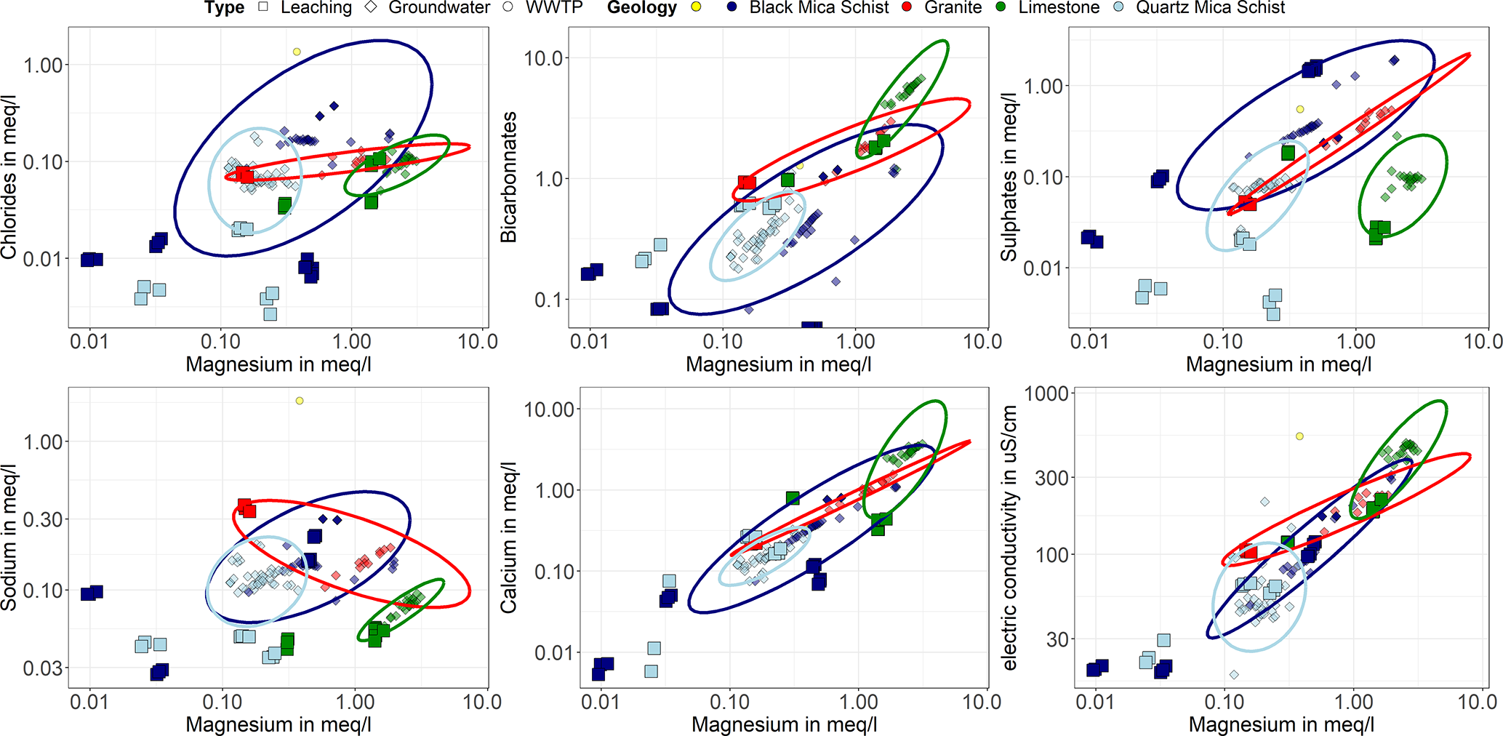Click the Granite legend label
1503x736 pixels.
point(953,8)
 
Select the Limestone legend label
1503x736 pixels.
point(1059,8)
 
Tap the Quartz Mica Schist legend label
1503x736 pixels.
point(1210,8)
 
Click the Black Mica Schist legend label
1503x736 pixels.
point(819,8)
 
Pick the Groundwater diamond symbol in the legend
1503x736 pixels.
point(372,8)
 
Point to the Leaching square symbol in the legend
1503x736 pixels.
point(263,8)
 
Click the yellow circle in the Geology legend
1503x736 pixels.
point(696,8)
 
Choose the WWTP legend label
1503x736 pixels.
point(554,8)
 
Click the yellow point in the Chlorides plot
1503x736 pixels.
point(297,52)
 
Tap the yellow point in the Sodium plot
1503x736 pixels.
point(300,401)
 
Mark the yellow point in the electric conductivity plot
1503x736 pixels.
point(1299,436)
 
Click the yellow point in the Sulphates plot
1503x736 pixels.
point(1300,110)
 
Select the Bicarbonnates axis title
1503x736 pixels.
point(508,177)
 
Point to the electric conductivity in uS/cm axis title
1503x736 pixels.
point(1009,538)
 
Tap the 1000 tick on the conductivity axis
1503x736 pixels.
point(1046,393)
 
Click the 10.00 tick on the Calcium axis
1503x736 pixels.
point(550,409)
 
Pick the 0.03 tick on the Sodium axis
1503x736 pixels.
point(44,668)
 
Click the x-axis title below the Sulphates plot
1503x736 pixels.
point(1278,364)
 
